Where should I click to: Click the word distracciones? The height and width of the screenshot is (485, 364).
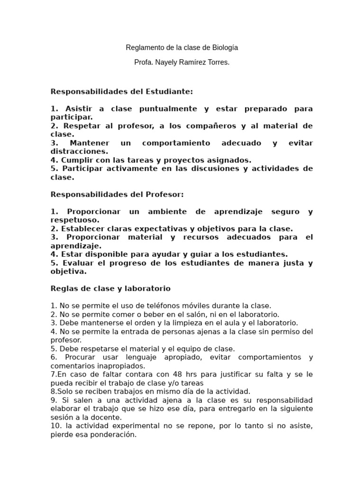tap(79, 152)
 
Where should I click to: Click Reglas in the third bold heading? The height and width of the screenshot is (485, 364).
tap(63, 288)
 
